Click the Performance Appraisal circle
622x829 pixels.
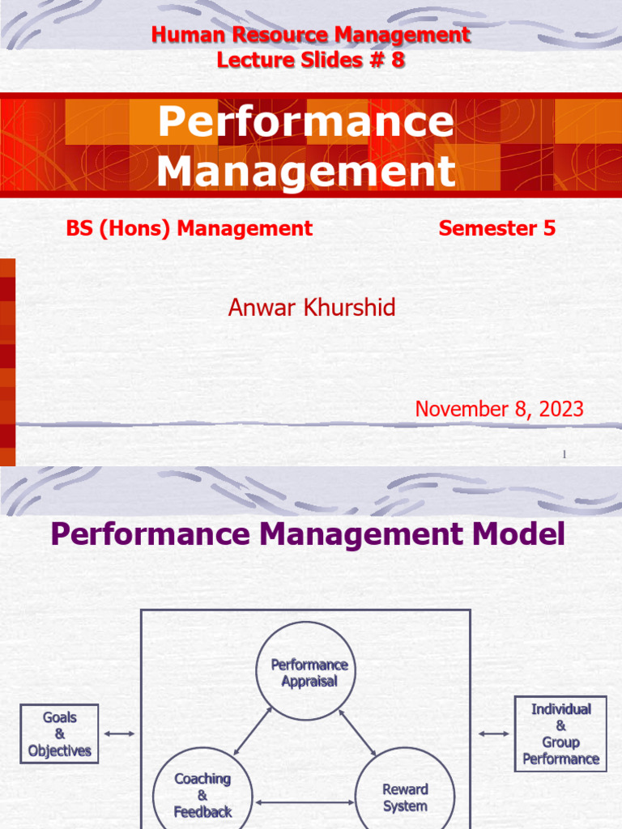coord(309,672)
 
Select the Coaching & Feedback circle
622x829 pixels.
coord(202,793)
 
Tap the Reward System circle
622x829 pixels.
coord(405,797)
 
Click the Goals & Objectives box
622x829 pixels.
coord(59,734)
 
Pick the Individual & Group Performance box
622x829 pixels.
coord(560,733)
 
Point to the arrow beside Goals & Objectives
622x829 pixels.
coord(120,733)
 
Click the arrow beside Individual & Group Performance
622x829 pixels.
coord(493,733)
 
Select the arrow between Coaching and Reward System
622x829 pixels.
coord(305,803)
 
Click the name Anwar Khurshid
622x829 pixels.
coord(312,308)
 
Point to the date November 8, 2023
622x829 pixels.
coord(499,409)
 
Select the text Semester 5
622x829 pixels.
coord(496,228)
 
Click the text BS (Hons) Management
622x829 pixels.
coord(189,228)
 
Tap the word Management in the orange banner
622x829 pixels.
coord(306,171)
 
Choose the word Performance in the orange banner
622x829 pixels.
coord(306,121)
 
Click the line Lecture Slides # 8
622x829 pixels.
coord(310,59)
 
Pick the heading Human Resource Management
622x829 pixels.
coord(310,35)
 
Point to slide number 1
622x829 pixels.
coord(564,456)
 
